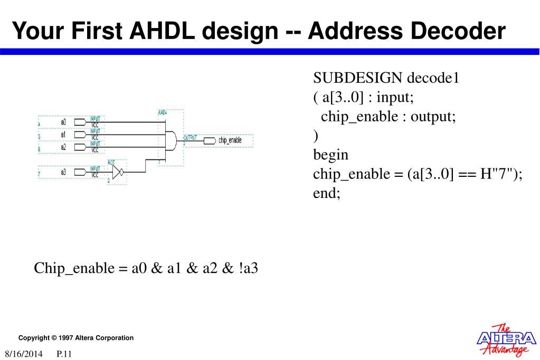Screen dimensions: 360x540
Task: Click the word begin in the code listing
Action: (331, 155)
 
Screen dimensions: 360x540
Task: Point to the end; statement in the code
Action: (327, 193)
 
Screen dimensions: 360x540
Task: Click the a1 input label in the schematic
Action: (63, 135)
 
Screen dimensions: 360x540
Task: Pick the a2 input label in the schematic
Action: (63, 147)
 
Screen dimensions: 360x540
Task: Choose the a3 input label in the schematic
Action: (63, 172)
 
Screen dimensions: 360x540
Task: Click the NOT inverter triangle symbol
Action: (117, 172)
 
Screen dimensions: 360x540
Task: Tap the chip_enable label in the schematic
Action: (230, 140)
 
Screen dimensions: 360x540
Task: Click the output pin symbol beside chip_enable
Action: (210, 140)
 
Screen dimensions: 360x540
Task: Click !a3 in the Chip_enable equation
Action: (248, 268)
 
